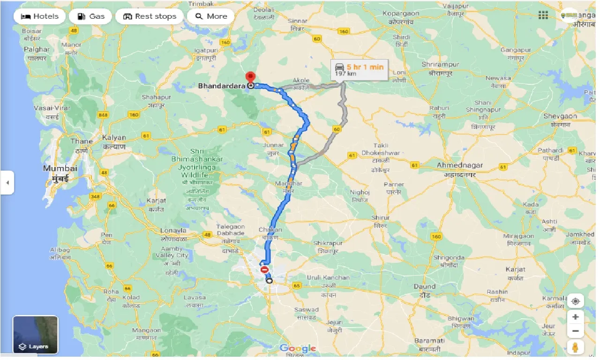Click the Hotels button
click(39, 16)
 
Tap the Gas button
click(90, 16)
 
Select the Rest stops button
click(150, 16)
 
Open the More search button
click(210, 16)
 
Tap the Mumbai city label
click(60, 168)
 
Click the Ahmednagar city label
click(459, 165)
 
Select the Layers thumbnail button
click(35, 335)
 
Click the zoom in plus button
click(575, 317)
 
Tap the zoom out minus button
click(575, 331)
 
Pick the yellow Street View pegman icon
click(575, 347)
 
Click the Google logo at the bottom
click(298, 348)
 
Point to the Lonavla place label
click(173, 231)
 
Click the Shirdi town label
click(401, 37)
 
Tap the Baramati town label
click(429, 341)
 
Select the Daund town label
click(424, 286)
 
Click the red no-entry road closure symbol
click(264, 270)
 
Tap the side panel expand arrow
click(7, 183)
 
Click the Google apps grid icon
click(543, 15)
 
